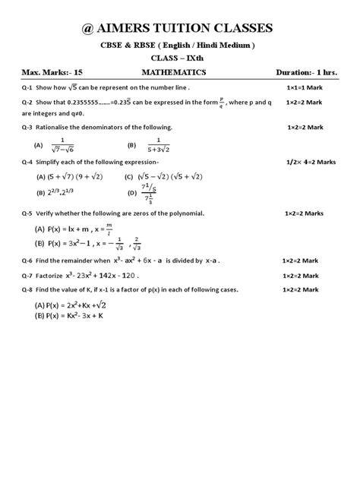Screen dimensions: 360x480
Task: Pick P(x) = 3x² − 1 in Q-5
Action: (x=67, y=243)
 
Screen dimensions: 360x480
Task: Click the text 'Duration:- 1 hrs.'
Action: (x=308, y=74)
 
